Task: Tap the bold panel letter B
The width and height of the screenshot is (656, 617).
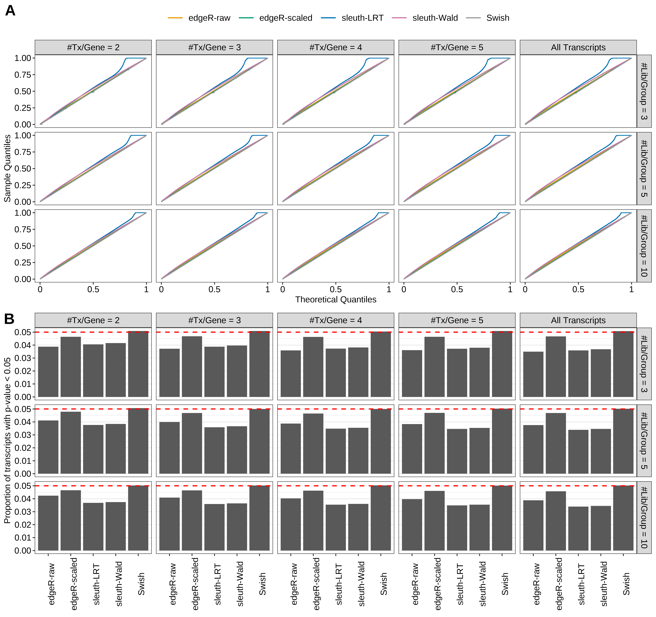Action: [x=9, y=319]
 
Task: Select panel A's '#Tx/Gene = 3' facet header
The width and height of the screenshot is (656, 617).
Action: [x=215, y=47]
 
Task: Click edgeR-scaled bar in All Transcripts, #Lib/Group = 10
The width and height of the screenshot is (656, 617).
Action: [x=556, y=521]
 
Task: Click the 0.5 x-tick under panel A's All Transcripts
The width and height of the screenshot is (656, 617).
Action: [x=578, y=289]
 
